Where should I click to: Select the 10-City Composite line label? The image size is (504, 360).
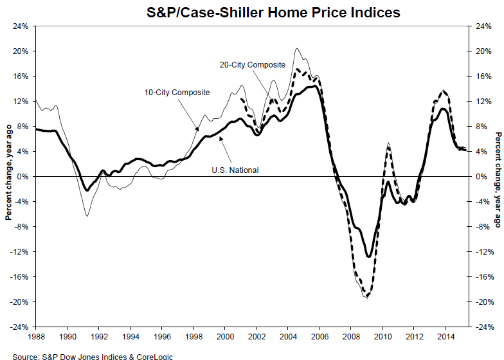click(177, 93)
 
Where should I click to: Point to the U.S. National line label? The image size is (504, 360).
click(235, 170)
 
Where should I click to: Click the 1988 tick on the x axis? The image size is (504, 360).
click(37, 336)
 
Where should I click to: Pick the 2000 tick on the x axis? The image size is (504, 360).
click(225, 336)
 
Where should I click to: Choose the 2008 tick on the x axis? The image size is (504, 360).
click(351, 336)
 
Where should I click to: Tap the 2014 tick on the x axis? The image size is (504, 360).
click(445, 336)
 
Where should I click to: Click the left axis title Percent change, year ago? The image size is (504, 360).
click(8, 176)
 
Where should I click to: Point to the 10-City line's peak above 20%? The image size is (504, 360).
click(296, 48)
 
